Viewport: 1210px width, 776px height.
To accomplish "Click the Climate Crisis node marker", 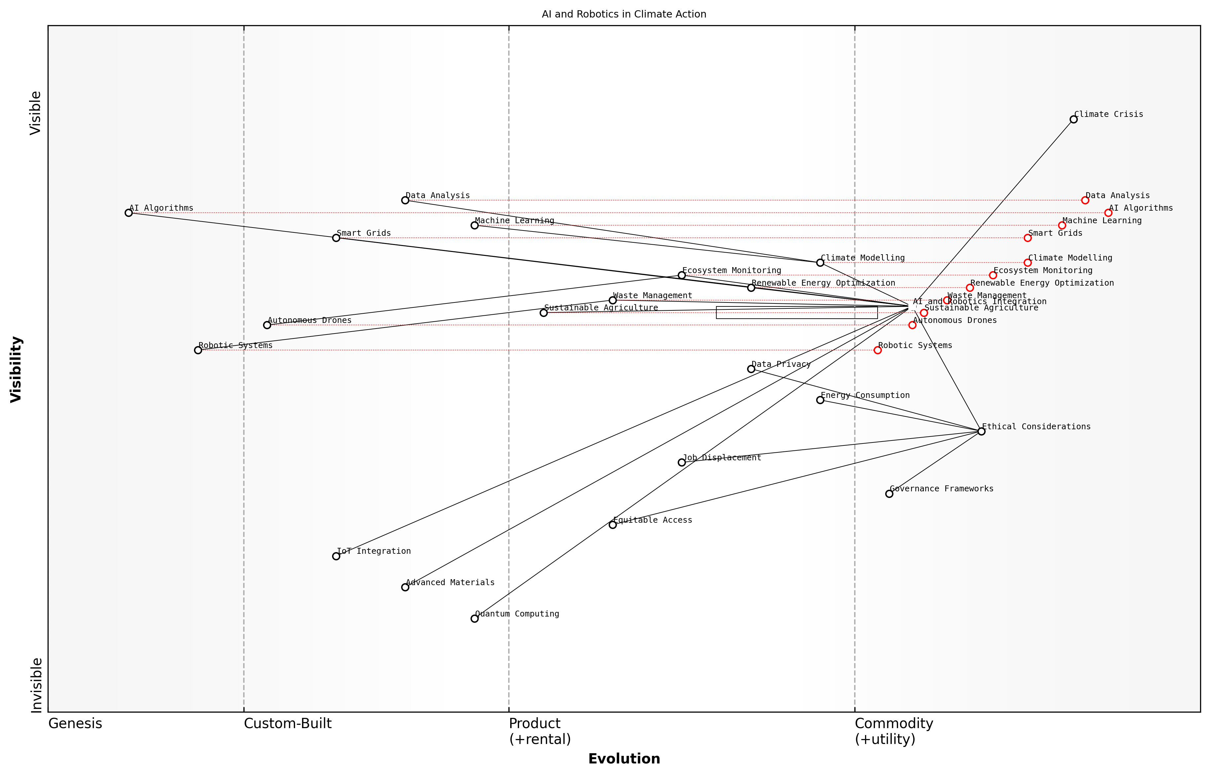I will (1073, 120).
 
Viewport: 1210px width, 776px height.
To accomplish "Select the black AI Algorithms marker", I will (129, 213).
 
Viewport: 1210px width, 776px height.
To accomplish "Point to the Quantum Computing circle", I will (474, 618).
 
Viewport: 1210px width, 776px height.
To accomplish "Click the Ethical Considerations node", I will (981, 431).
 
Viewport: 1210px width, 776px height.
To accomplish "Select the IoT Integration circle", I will (336, 556).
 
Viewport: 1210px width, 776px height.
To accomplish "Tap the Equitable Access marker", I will (613, 525).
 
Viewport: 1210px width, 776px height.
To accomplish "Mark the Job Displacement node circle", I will (682, 463).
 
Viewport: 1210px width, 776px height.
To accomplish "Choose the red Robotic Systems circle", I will (878, 350).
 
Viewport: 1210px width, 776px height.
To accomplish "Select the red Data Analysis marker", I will (1085, 200).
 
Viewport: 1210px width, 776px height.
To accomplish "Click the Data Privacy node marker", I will (751, 369).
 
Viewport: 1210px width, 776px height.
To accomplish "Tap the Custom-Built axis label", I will (287, 723).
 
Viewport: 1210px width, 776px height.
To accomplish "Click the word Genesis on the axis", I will (75, 723).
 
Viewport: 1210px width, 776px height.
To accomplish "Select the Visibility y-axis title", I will (16, 370).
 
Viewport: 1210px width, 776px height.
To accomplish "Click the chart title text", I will (624, 14).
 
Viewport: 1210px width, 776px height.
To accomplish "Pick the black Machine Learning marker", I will (474, 225).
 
